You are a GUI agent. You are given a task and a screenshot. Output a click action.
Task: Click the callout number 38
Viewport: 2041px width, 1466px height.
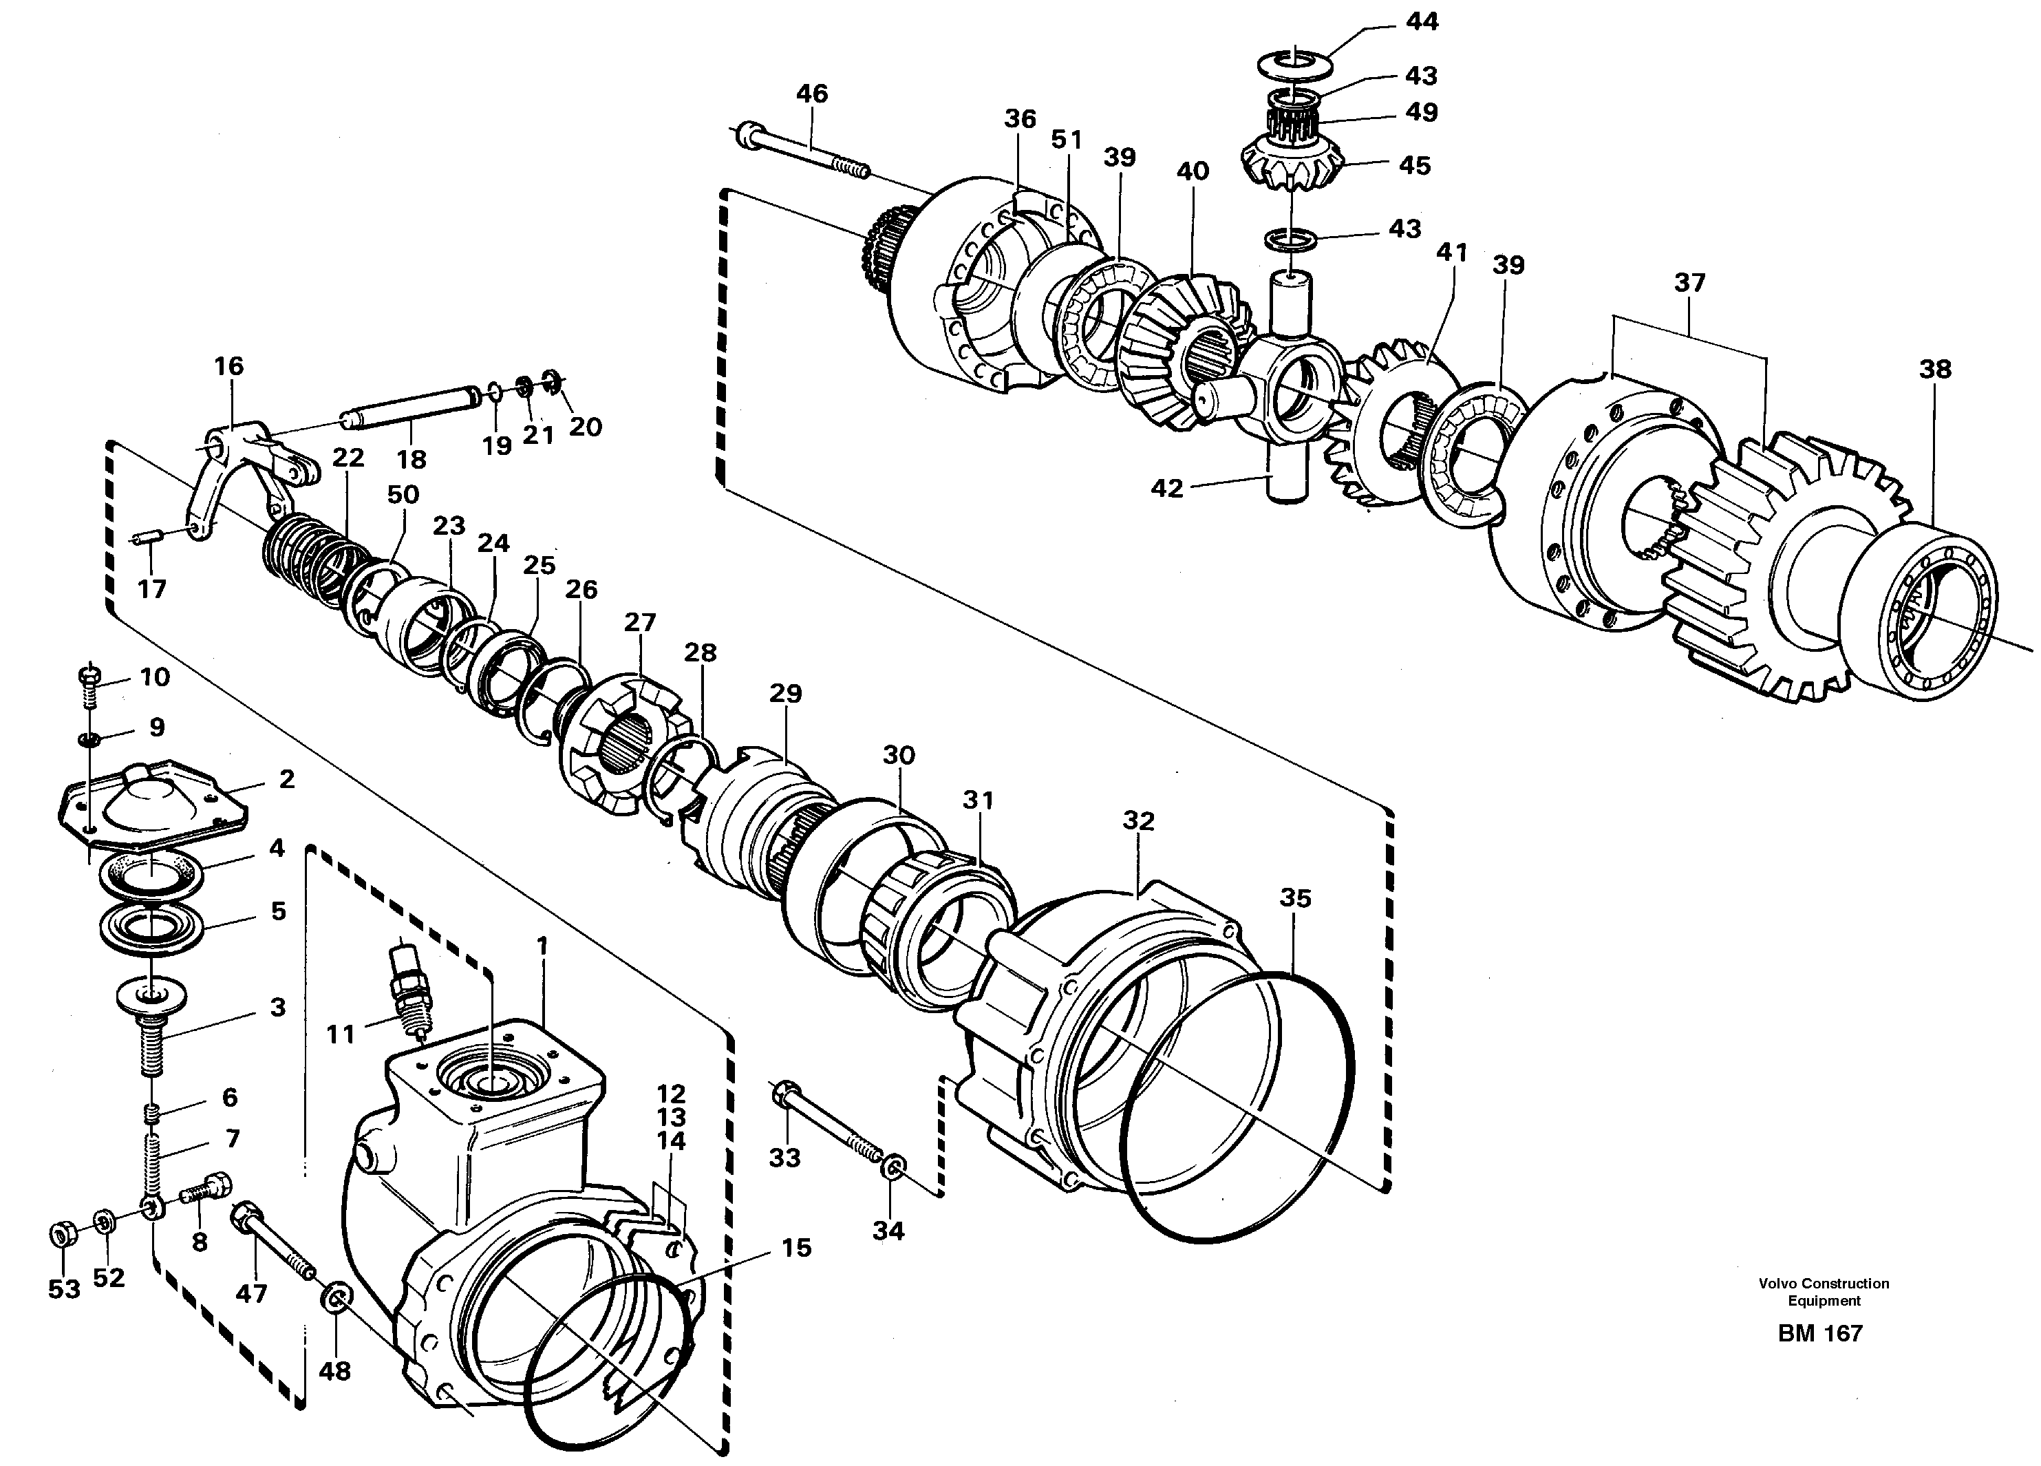1935,369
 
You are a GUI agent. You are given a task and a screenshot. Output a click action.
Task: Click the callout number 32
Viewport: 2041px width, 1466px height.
1138,820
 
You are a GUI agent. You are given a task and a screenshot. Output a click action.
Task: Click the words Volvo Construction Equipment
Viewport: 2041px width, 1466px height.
1824,1291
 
